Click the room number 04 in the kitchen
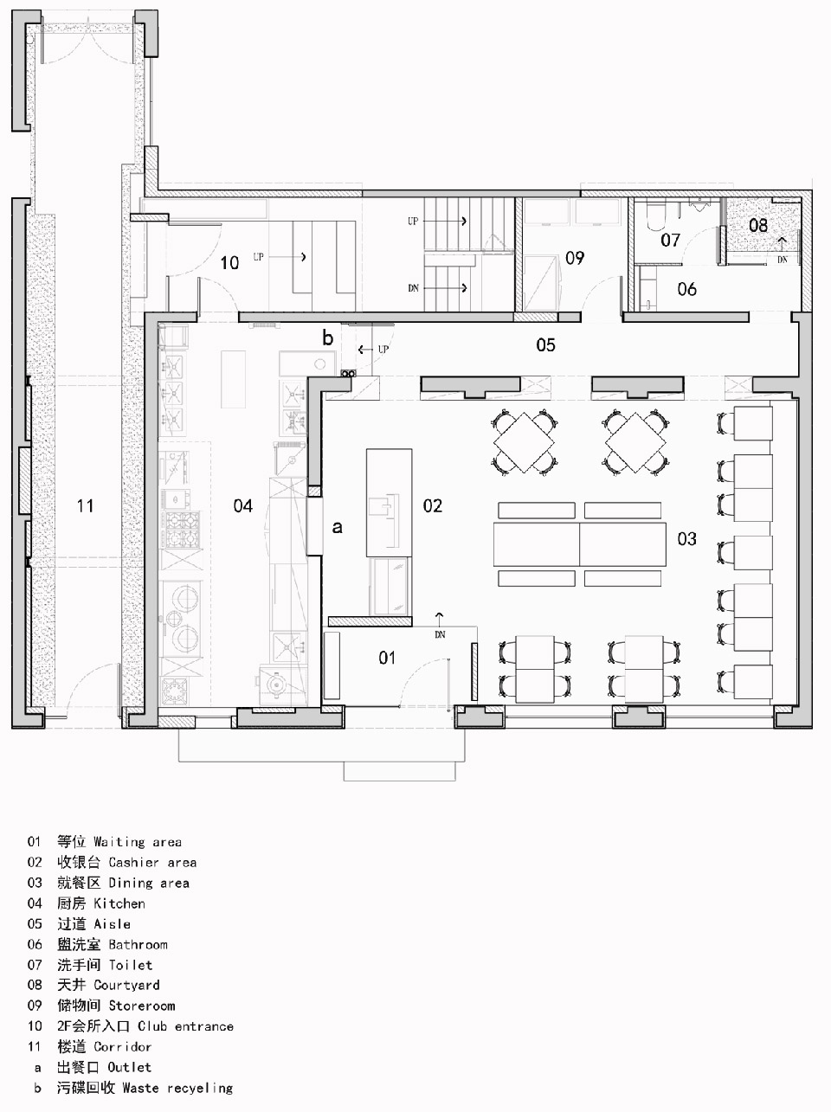242,505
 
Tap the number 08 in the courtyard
758,226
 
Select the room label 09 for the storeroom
575,259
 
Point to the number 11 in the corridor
85,505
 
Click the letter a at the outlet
337,528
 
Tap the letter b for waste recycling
328,337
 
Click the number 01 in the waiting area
387,658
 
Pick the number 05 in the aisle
545,345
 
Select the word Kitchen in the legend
119,903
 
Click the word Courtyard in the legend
126,985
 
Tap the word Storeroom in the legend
142,1005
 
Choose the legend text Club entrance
185,1025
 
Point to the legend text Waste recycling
177,1087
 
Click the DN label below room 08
783,260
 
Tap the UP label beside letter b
383,350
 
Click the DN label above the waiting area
440,635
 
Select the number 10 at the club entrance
229,263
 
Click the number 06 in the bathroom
686,289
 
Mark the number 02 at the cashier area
433,505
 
